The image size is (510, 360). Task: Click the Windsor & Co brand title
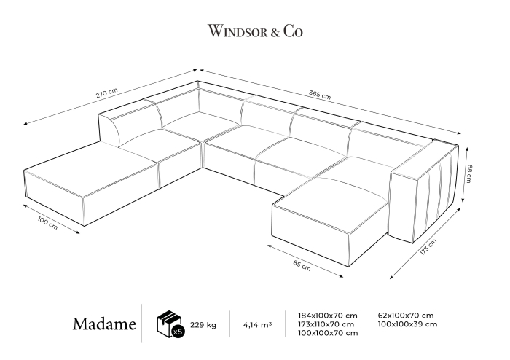coord(255,31)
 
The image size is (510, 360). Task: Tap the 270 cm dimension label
coord(106,93)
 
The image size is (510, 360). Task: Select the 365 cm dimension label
coord(320,95)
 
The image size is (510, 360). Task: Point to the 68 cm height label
coord(468,173)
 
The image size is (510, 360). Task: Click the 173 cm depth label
coord(428,247)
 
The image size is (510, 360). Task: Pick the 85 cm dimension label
coord(302,266)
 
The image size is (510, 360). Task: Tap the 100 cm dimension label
coord(47,223)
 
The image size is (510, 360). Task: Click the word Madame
coord(104,324)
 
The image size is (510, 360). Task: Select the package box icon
coord(168,323)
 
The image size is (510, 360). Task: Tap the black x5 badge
coord(178,332)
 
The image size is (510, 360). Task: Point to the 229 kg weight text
coord(203,325)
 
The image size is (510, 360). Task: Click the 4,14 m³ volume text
coord(257,324)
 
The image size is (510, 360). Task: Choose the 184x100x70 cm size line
coord(328,316)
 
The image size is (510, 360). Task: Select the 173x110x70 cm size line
coord(326,324)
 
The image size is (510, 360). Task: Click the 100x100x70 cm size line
coord(328,333)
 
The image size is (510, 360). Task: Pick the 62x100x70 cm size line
coord(406,315)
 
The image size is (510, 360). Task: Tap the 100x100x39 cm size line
coord(407,324)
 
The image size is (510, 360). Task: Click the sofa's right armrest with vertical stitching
coord(425,192)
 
